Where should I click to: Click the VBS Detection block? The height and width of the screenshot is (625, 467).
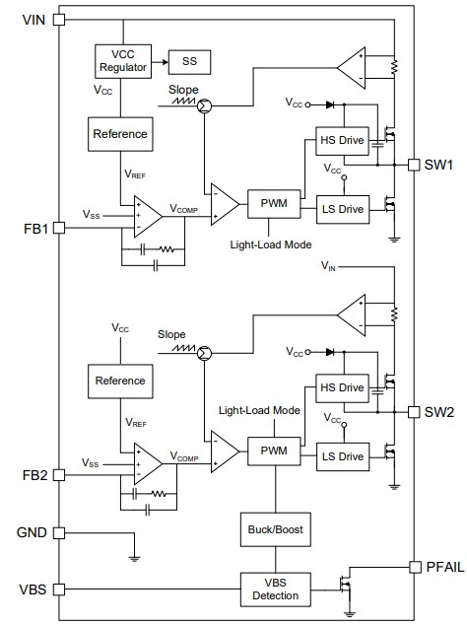pos(275,590)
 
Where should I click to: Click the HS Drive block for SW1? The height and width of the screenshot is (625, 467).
pos(341,140)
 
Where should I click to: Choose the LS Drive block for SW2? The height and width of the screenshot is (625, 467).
pos(341,455)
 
